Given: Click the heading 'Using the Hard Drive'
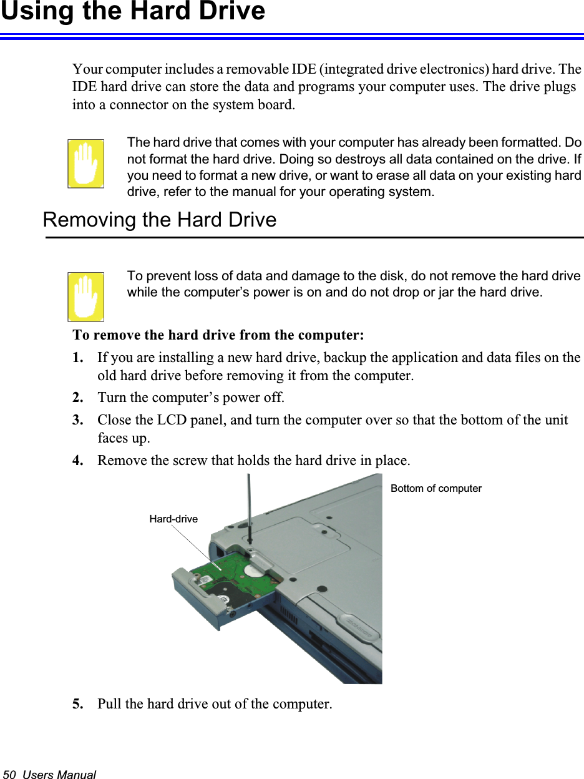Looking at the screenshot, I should pyautogui.click(x=133, y=12).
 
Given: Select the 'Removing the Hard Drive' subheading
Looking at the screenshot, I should pyautogui.click(x=159, y=220).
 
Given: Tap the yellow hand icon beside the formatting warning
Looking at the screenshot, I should pyautogui.click(x=86, y=164).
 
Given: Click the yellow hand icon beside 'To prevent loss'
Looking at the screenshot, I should pyautogui.click(x=86, y=296).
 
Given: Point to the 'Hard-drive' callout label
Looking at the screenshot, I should pyautogui.click(x=173, y=519).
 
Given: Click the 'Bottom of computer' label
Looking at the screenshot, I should pyautogui.click(x=436, y=489).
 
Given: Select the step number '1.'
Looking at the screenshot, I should pyautogui.click(x=79, y=358).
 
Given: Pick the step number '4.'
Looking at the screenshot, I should pyautogui.click(x=79, y=461).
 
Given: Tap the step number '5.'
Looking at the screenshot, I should pyautogui.click(x=79, y=704).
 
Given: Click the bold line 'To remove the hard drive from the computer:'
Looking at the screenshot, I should pyautogui.click(x=218, y=335).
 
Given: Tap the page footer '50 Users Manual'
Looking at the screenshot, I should pyautogui.click(x=50, y=774).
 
